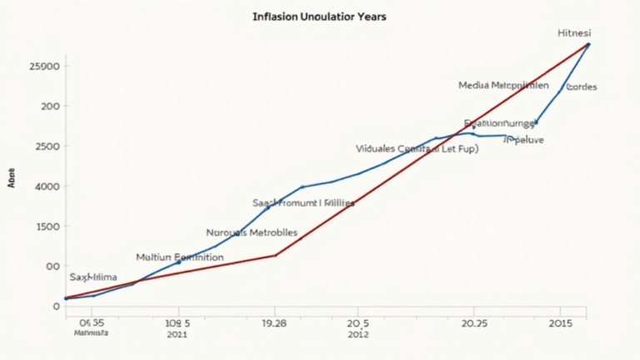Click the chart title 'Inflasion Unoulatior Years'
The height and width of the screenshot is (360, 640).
(x=319, y=17)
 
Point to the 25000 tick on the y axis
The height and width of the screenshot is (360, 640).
(x=43, y=66)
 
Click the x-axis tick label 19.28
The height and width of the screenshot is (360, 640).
(x=275, y=322)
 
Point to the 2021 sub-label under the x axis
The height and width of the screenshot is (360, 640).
(x=177, y=334)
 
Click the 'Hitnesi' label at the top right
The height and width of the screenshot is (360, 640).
(x=574, y=32)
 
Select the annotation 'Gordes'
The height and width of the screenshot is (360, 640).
(x=581, y=87)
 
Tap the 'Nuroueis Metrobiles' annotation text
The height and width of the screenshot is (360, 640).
(x=251, y=232)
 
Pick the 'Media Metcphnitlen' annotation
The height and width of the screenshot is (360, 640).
(x=503, y=85)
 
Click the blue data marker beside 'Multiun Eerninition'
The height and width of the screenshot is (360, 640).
(x=178, y=262)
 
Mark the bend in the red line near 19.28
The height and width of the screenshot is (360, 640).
(x=276, y=255)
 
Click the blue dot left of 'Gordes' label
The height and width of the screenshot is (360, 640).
(x=536, y=122)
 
